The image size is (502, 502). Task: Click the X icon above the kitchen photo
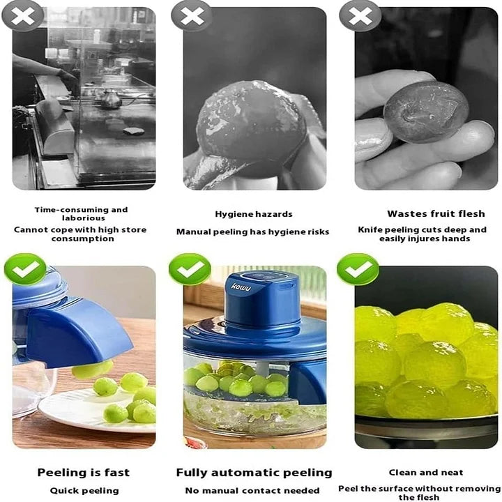[23, 15]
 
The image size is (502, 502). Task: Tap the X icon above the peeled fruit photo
[192, 15]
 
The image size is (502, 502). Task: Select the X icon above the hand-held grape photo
[360, 15]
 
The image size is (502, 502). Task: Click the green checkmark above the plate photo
[25, 269]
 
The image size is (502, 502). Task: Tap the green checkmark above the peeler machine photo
[190, 269]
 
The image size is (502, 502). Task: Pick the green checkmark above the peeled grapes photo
[358, 269]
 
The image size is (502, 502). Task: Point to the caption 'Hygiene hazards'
[253, 214]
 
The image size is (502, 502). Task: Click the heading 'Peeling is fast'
[83, 473]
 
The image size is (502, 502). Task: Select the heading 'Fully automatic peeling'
[254, 473]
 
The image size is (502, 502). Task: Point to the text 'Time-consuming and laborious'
[82, 214]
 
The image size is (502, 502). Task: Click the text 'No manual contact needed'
[252, 491]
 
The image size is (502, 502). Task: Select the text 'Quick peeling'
[83, 491]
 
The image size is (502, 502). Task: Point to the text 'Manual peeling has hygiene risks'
[252, 232]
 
